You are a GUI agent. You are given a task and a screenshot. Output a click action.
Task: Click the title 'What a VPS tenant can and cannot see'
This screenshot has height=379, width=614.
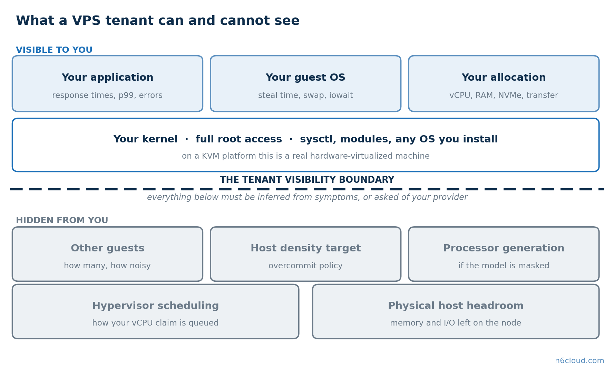[158, 21]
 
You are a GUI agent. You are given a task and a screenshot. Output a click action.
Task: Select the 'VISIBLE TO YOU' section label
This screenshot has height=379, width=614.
[54, 50]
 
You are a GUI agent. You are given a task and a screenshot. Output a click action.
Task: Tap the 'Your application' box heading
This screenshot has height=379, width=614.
[107, 78]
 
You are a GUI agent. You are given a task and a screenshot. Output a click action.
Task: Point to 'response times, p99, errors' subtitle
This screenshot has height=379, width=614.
[107, 96]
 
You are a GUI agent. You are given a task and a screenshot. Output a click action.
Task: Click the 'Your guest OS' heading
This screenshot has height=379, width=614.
[305, 78]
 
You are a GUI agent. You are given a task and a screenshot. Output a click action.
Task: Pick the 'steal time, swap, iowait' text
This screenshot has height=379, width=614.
[305, 96]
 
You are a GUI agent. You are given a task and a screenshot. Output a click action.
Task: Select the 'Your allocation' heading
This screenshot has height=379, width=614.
[504, 78]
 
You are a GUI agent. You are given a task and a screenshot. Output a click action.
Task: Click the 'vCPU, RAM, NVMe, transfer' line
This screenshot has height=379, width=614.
[504, 96]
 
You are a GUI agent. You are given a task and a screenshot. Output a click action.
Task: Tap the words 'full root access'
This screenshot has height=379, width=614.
[239, 139]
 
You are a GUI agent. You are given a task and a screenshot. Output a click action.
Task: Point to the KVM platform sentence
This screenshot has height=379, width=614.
[306, 156]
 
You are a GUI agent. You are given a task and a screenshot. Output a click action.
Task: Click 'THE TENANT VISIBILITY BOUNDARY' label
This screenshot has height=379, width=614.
[307, 180]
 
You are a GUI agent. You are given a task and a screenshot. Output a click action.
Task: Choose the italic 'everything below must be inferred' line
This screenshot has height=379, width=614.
[307, 198]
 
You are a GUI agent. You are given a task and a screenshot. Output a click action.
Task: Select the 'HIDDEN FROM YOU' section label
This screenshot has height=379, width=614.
[62, 221]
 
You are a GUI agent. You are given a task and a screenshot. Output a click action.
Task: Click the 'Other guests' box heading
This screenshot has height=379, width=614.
[107, 248]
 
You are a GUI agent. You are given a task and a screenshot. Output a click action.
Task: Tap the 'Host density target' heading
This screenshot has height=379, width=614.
[305, 248]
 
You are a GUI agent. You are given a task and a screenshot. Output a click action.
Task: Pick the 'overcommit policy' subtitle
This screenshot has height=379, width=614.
[305, 266]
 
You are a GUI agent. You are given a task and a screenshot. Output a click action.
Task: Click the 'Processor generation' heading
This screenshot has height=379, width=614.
[504, 248]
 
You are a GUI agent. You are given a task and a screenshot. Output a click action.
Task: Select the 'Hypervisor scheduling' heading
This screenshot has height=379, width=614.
[155, 306]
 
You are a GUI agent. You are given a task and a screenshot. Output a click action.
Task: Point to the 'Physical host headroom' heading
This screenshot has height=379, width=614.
[456, 306]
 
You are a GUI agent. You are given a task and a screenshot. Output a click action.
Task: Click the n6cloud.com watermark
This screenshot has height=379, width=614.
[579, 361]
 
